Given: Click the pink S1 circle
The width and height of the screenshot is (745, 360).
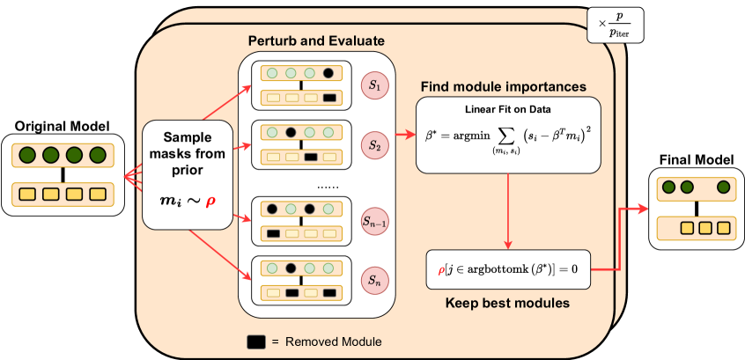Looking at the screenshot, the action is (374, 85).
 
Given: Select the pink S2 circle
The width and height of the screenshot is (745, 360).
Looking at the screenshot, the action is (374, 144).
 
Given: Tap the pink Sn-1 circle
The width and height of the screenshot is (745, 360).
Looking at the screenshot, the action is (374, 221).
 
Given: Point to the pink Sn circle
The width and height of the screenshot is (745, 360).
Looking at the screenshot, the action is (374, 280).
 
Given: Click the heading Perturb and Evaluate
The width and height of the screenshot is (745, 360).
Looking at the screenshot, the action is (316, 41).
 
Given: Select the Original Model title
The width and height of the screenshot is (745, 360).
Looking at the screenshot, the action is (63, 127).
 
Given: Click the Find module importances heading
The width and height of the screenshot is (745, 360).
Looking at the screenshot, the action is (503, 87).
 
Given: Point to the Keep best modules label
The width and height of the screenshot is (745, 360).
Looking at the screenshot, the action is (507, 303).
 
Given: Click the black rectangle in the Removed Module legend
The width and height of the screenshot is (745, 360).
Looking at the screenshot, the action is (256, 342).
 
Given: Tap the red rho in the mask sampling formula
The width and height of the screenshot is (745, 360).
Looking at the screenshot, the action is (210, 202).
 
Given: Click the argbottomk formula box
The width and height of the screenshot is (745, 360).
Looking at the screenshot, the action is (508, 269).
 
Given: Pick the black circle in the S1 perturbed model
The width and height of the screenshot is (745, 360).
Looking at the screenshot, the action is (328, 73).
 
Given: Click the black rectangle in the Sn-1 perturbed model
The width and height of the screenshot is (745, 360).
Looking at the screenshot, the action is (273, 233).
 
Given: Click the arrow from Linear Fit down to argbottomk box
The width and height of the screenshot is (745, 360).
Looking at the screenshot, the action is (508, 210).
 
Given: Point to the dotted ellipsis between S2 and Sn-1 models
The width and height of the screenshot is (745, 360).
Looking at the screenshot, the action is (328, 187).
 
